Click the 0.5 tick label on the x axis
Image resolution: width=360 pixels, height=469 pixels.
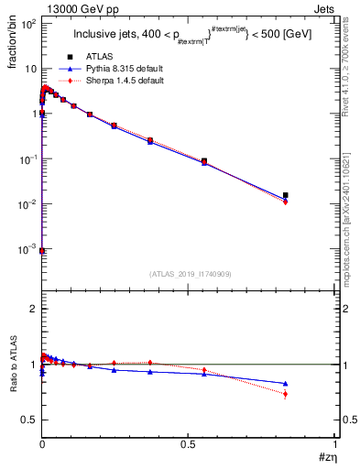click(x=189, y=444)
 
